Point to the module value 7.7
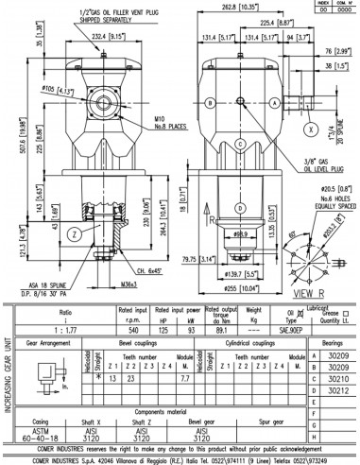[x=184, y=376]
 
